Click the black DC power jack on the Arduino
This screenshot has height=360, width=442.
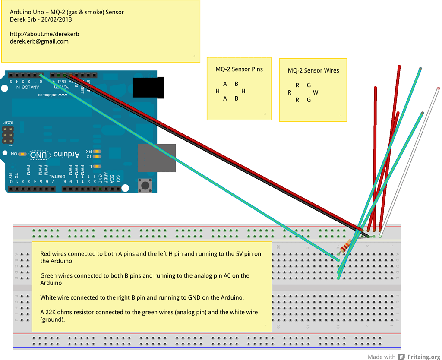tap(148, 87)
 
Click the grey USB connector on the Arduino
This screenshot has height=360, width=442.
tap(157, 158)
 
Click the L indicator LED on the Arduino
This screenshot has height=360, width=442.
tap(98, 166)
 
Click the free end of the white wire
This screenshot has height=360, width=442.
tap(438, 88)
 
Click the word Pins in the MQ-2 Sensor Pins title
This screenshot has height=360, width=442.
tap(255, 69)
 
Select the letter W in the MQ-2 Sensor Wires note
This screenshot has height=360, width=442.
tap(316, 92)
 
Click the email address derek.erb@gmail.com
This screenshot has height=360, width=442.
tap(39, 41)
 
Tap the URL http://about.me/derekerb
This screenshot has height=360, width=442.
tap(44, 34)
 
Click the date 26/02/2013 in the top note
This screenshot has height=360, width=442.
tap(57, 19)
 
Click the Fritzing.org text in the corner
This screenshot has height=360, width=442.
tap(423, 357)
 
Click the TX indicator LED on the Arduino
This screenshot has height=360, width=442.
tap(98, 156)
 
